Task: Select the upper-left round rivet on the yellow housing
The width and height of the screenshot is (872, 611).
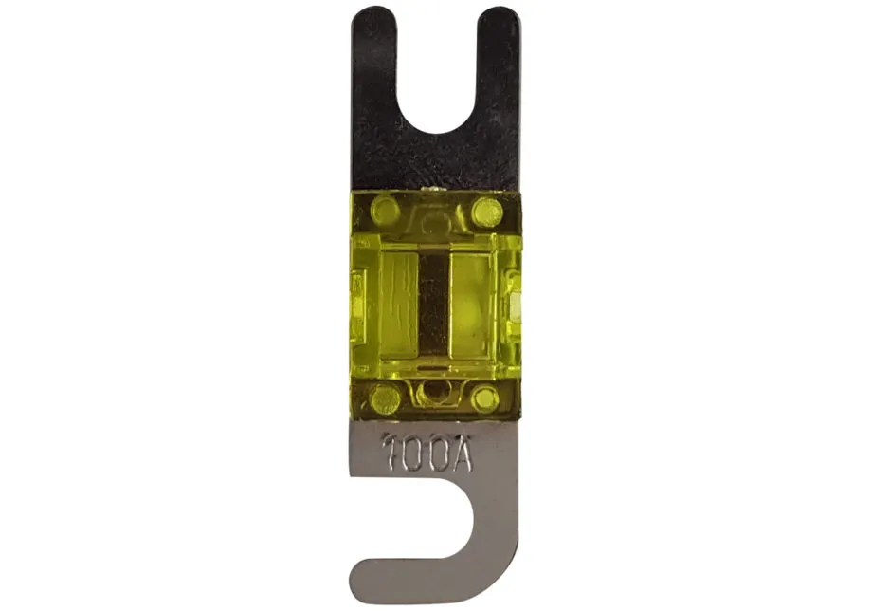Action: [383, 211]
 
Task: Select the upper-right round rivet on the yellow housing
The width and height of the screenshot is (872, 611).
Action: [486, 212]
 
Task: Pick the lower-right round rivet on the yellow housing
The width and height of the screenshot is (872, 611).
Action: [485, 398]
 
